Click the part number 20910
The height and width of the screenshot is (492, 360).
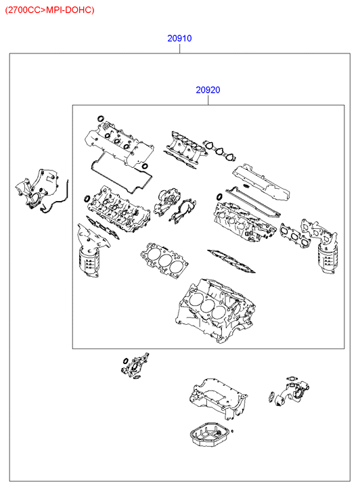click(179, 39)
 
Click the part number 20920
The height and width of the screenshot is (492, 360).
click(208, 90)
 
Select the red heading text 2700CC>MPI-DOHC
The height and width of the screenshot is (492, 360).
click(50, 10)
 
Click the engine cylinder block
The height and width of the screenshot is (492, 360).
click(216, 311)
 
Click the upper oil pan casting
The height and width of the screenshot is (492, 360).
click(218, 398)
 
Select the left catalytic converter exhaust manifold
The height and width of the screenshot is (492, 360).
click(92, 251)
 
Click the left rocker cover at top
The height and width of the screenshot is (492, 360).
click(119, 145)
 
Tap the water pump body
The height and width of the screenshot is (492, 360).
click(167, 202)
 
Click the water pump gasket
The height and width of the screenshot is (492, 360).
click(183, 210)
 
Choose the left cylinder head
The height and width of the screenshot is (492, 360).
click(118, 208)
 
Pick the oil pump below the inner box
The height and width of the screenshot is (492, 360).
click(135, 365)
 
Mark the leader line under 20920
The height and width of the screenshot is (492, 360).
click(208, 100)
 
